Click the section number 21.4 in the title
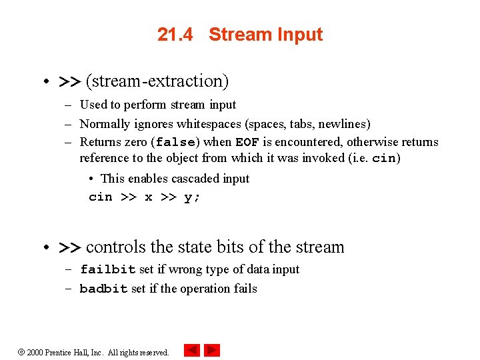tap(175, 35)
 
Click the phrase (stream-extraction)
tap(157, 81)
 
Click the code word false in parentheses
tap(175, 142)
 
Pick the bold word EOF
tap(247, 142)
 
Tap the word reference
tap(105, 158)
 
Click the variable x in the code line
tap(148, 197)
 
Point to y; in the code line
tap(191, 197)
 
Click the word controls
tap(115, 247)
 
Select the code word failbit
tap(107, 270)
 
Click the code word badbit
tap(103, 289)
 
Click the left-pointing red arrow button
tap(191, 350)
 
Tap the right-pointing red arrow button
tap(212, 350)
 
